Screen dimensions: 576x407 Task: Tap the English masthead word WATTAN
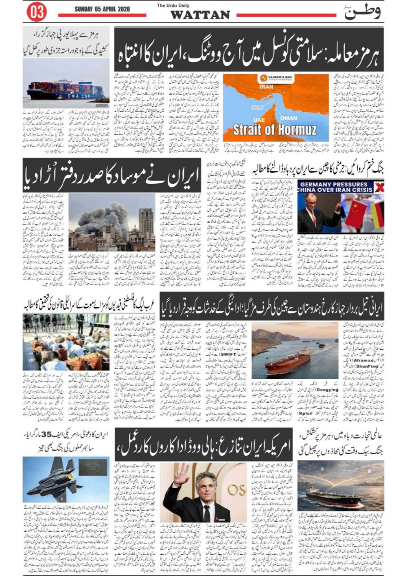click(x=200, y=15)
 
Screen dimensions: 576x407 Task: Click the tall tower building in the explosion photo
click(x=146, y=223)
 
